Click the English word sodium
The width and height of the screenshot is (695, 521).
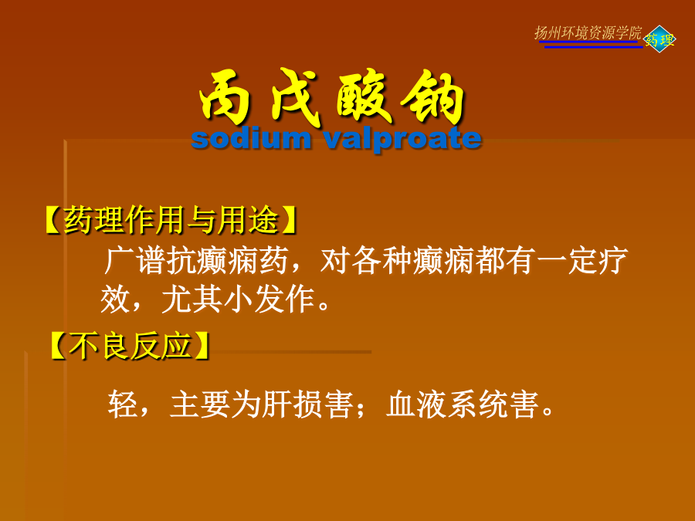coord(251,138)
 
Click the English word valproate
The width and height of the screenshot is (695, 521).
coord(402,140)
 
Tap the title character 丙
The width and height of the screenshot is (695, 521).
coord(225,97)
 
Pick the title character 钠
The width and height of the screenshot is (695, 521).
coord(433,97)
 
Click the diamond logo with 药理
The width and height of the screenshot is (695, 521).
coord(659,39)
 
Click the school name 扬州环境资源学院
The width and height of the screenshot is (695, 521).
coord(588,32)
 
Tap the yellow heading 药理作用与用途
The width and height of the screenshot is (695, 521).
coord(171,220)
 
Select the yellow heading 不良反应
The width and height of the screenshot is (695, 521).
coord(130,346)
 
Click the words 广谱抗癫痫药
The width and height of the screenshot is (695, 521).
coord(196,261)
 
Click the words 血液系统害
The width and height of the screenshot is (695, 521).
coord(463,404)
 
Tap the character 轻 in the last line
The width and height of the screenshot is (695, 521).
coord(123,404)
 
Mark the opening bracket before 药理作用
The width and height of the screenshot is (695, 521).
coord(53,220)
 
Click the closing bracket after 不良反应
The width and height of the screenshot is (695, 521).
coord(202,346)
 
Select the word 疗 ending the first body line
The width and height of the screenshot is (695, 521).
coord(613,261)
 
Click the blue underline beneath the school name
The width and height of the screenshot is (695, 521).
coord(593,46)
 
